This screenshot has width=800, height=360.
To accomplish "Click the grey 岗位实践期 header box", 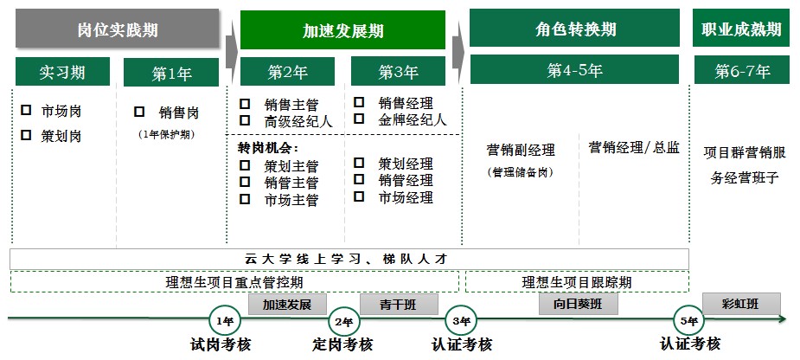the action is pos(118,29).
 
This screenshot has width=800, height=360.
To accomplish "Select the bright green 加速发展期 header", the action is pos(342,29).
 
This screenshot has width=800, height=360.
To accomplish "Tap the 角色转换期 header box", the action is pos(574,28).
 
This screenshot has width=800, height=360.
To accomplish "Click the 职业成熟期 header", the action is pos(741,28).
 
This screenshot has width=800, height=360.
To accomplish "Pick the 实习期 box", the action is pos(63,72).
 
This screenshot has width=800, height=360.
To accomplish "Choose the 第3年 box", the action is pos(398,72).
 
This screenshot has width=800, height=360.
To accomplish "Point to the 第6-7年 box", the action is pos(742,69).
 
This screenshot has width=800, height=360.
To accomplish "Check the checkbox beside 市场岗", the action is pos(26,110).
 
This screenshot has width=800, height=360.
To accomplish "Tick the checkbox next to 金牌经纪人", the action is pos(359,119).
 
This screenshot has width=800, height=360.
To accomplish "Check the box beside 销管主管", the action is pos(245,182).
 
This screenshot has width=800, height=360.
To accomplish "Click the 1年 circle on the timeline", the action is pos(225,321).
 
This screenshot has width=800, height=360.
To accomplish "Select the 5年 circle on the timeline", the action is pos(688,321).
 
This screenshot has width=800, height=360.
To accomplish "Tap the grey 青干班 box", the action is pos(399,305).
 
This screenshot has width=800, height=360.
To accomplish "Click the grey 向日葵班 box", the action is pos(579,304).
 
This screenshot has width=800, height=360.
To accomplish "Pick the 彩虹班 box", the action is pos(741,304).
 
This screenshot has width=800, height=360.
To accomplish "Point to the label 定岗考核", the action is pos(342,344).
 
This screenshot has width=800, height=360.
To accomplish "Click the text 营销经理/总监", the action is pos(634,148).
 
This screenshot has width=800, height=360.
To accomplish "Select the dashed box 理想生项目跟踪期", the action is pos(577,282).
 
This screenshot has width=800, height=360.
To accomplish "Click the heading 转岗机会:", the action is pos(268,148).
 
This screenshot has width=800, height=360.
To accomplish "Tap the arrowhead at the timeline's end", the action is pos(784,319).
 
